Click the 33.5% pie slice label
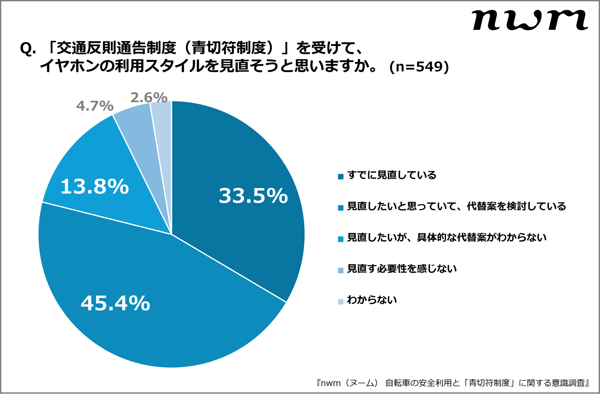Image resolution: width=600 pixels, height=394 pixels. (253, 196)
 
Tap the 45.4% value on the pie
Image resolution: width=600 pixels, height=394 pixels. (115, 303)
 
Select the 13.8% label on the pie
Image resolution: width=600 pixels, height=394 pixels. (94, 186)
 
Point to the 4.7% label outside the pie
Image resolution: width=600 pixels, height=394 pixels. (95, 106)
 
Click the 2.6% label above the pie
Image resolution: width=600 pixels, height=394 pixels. (149, 98)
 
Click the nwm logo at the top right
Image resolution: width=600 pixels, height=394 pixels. (529, 20)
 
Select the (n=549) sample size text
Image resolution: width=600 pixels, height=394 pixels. (419, 66)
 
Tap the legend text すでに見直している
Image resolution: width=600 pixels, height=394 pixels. (392, 175)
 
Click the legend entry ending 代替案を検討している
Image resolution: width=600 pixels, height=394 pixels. (457, 206)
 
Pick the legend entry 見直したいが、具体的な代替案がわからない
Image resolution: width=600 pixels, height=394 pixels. (447, 238)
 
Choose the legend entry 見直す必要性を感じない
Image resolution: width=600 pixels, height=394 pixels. (402, 269)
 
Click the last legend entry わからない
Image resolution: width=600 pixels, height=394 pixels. (372, 300)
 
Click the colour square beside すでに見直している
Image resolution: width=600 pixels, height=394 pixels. (341, 177)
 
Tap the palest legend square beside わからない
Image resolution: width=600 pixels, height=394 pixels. (341, 302)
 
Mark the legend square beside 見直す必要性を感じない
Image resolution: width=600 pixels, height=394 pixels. (341, 270)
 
